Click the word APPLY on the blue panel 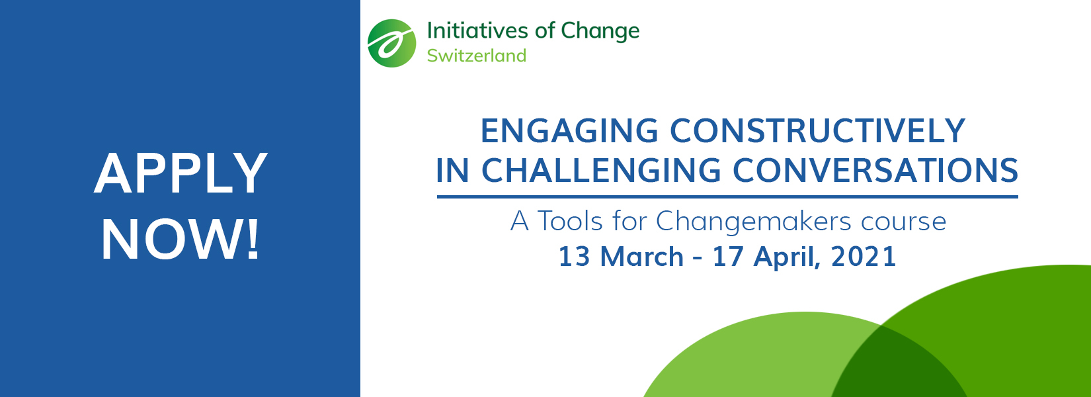[181, 173]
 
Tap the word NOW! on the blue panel [181, 241]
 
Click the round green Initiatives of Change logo [392, 44]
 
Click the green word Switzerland [477, 56]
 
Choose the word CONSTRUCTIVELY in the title [818, 130]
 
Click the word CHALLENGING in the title [601, 170]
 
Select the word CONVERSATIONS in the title [875, 170]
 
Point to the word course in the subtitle [903, 222]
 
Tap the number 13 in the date [574, 256]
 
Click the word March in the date [642, 256]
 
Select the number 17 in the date [728, 256]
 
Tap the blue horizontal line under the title [727, 197]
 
